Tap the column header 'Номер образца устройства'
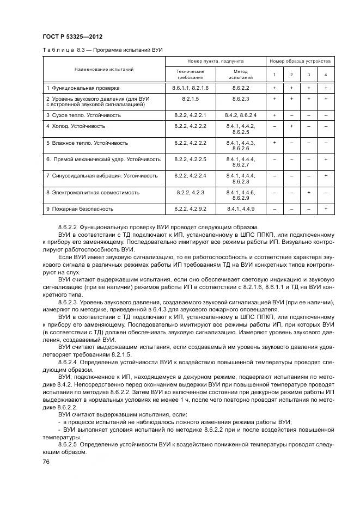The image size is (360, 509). (x=300, y=62)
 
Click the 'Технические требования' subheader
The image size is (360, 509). (x=190, y=74)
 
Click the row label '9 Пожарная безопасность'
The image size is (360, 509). (x=80, y=209)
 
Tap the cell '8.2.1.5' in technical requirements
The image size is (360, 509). (x=190, y=99)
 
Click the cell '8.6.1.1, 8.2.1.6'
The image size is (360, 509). (x=190, y=88)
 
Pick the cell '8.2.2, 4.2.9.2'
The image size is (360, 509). (x=190, y=209)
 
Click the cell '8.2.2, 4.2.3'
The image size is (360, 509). (x=190, y=193)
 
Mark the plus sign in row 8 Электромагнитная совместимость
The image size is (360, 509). (x=308, y=193)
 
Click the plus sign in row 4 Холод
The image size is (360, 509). (x=291, y=126)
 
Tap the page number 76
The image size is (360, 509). (x=46, y=462)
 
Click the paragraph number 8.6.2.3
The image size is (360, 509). (x=69, y=302)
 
